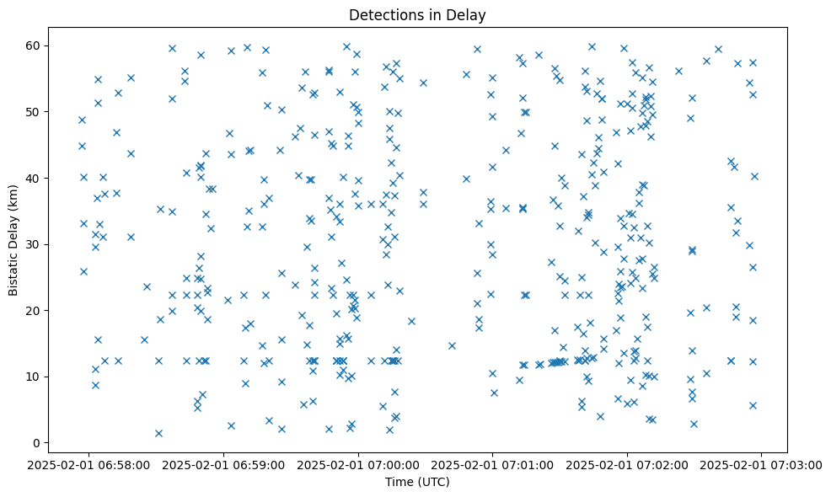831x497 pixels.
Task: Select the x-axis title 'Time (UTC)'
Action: click(416, 482)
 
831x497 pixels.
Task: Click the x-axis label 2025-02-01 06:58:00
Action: click(90, 464)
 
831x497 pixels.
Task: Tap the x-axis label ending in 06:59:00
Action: click(224, 464)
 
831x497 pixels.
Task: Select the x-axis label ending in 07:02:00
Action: click(627, 464)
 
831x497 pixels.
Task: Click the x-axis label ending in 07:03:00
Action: click(761, 464)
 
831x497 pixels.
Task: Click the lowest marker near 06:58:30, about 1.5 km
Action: click(158, 433)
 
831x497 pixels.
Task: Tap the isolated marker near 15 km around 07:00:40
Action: click(452, 345)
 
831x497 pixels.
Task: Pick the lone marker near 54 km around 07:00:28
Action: click(423, 83)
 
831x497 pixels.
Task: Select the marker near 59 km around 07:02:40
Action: click(718, 49)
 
